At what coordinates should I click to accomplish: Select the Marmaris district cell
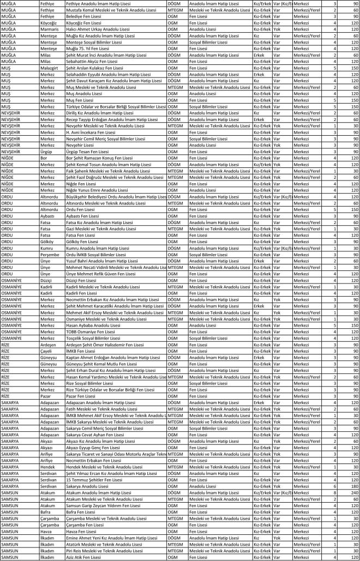point(50,29)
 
